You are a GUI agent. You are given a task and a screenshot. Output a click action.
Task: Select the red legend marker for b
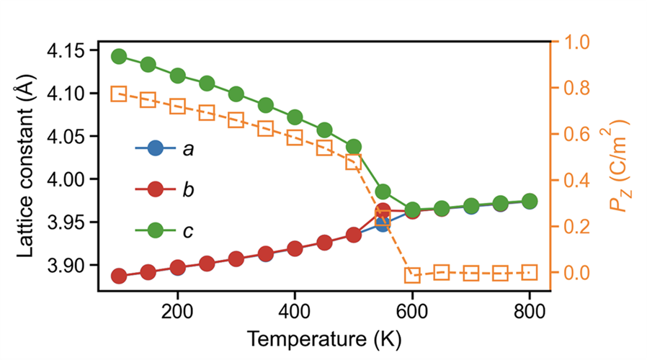click(155, 190)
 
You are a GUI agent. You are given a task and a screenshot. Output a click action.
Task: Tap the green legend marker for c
click(155, 230)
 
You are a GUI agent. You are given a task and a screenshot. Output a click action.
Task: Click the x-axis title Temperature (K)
click(324, 338)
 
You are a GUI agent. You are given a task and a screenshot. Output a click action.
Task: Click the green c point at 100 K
click(119, 57)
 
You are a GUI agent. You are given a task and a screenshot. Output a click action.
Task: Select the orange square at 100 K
click(119, 94)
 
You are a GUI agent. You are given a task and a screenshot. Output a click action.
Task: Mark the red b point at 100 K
click(119, 276)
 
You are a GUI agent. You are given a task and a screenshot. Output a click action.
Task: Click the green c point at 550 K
click(383, 192)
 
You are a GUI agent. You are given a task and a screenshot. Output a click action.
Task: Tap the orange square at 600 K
click(412, 275)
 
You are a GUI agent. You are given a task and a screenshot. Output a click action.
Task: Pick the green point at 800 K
click(530, 201)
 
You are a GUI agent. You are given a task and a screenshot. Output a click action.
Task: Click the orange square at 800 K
click(530, 272)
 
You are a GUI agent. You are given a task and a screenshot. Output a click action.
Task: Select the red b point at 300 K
click(236, 258)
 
